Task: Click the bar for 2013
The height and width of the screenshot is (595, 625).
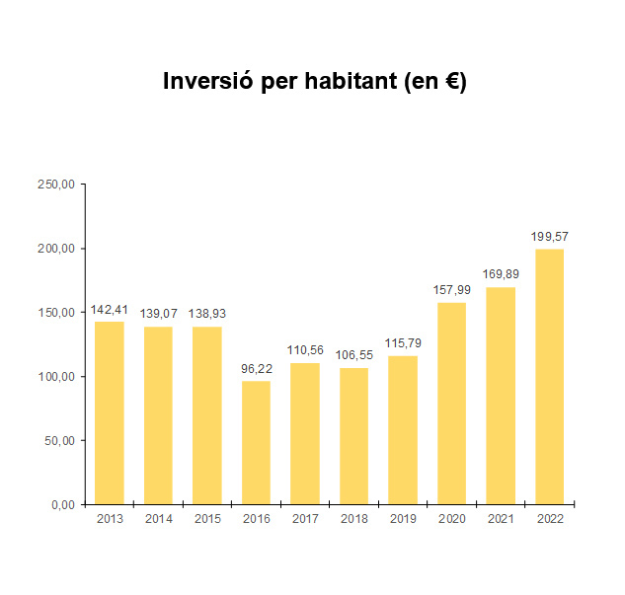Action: click(x=110, y=412)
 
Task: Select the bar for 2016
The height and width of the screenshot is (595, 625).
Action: click(x=256, y=442)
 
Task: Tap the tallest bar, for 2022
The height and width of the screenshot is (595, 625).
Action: click(x=549, y=376)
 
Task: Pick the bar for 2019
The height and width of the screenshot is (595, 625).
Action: click(x=403, y=429)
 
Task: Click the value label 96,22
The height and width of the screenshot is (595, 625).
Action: click(x=256, y=369)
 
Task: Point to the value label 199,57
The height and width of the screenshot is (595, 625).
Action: click(x=549, y=237)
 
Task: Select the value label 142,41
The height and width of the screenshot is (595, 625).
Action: click(x=110, y=310)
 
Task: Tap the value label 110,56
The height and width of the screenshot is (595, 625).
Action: click(x=305, y=350)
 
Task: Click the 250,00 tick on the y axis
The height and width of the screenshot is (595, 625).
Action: click(x=56, y=185)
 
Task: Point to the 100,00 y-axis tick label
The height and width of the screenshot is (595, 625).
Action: click(x=56, y=377)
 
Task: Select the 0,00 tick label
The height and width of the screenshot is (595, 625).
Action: click(x=61, y=505)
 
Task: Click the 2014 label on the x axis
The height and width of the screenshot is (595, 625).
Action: click(x=158, y=519)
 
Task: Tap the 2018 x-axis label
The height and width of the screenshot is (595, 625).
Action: click(x=353, y=519)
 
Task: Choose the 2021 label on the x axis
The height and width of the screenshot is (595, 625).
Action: click(x=501, y=519)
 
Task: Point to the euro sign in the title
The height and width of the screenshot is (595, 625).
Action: click(x=451, y=83)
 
